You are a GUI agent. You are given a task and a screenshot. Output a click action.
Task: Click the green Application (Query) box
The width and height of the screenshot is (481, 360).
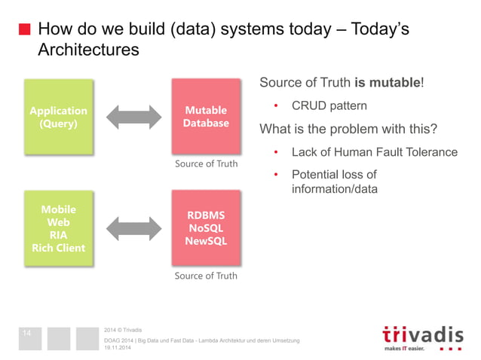(x=58, y=117)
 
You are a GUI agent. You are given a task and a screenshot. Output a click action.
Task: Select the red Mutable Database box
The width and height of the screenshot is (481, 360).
(x=206, y=117)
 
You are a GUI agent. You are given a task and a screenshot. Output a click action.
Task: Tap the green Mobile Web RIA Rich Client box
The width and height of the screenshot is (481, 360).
(x=58, y=228)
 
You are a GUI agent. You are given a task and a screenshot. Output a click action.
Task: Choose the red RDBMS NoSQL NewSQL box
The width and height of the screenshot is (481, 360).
(x=206, y=228)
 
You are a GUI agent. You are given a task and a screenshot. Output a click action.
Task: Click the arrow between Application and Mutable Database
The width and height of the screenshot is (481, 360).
(x=133, y=117)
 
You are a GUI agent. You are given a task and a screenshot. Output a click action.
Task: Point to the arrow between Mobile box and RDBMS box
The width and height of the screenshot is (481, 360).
(x=133, y=228)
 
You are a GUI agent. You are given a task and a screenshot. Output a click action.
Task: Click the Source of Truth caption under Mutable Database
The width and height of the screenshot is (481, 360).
(x=206, y=163)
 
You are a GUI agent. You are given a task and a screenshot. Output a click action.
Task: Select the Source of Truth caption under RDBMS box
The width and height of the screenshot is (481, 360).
(x=206, y=276)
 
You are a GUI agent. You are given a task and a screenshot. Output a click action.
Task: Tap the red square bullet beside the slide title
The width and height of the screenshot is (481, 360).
(x=24, y=31)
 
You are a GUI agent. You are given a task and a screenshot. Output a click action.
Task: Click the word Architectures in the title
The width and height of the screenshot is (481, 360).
(x=88, y=50)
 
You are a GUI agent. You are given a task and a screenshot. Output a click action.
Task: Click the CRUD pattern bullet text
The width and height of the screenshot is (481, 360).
(x=329, y=105)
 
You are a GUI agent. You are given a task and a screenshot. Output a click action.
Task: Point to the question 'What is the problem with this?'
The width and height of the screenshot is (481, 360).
(x=348, y=129)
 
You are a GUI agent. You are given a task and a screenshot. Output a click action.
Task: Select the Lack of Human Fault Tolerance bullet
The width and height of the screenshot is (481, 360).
(x=374, y=152)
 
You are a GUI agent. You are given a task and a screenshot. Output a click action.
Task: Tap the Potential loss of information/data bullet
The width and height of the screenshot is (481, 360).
(x=334, y=182)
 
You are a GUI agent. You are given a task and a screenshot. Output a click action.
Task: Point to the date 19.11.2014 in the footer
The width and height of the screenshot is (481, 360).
(x=120, y=348)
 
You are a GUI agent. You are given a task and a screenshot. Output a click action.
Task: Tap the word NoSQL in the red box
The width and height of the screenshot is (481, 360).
(x=206, y=228)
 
